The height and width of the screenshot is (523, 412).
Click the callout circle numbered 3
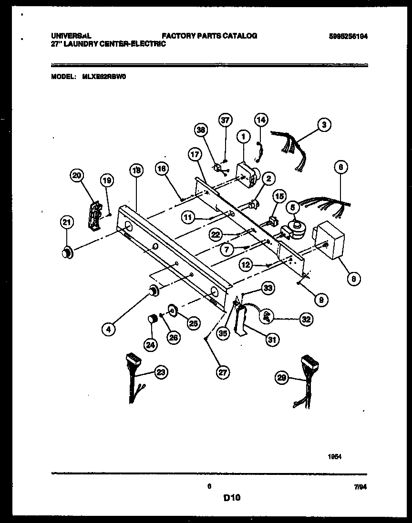(x=324, y=125)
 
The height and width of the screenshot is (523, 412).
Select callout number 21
(x=67, y=222)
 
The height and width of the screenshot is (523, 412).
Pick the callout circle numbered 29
(x=282, y=378)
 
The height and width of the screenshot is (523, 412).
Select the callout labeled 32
(x=306, y=320)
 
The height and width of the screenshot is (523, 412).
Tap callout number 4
(x=109, y=328)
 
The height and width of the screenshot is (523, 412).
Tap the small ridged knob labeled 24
(x=152, y=319)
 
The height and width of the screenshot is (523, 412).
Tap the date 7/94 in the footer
(x=360, y=487)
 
